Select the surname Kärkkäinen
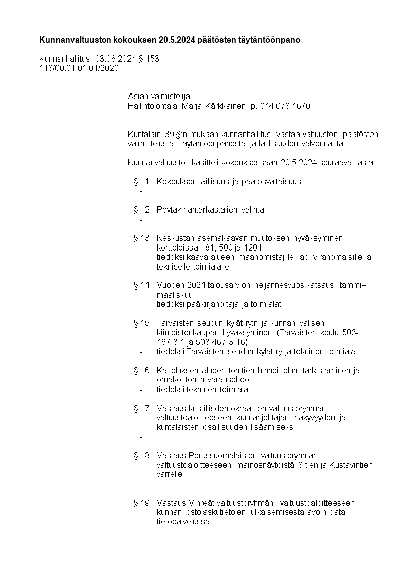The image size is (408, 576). click(x=226, y=106)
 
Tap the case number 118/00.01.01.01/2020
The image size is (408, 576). click(x=79, y=68)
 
